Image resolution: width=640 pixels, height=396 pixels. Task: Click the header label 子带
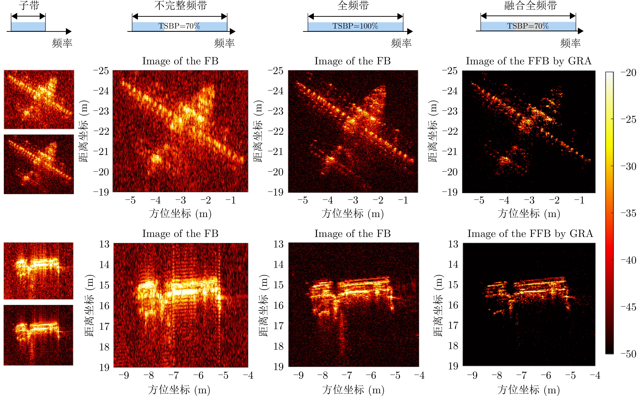click(x=29, y=5)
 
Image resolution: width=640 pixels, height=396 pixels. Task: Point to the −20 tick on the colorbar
click(x=629, y=73)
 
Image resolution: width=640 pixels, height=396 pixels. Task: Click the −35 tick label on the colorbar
click(x=629, y=213)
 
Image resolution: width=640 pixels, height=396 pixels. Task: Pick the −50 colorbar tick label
click(x=629, y=354)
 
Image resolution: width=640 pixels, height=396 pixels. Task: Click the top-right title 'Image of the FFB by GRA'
click(x=529, y=61)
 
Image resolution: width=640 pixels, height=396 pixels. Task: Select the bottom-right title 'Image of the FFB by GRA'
click(x=530, y=233)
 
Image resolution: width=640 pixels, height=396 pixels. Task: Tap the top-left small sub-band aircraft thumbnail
click(x=39, y=100)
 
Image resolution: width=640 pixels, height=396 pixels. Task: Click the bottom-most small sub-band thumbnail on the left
click(x=38, y=335)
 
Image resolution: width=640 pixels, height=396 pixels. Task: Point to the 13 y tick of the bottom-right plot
click(x=453, y=244)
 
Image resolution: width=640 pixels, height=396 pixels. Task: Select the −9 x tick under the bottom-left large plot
click(x=124, y=375)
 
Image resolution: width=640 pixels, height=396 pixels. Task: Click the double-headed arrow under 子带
click(x=28, y=16)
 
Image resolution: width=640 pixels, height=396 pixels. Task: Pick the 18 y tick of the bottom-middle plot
click(x=279, y=346)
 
